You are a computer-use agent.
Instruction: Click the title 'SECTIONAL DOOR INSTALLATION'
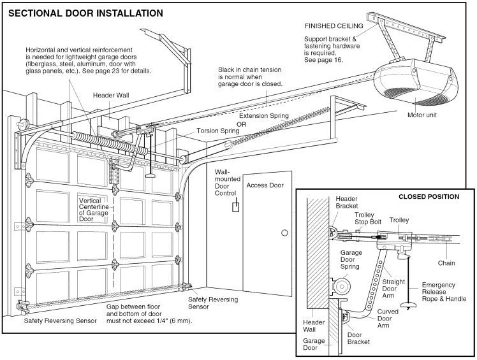point(85,13)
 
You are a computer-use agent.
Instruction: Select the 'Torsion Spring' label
point(218,130)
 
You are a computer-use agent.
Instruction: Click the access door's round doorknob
point(284,233)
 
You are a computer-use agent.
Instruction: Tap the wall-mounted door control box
point(235,206)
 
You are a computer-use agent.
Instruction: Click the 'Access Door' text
point(266,185)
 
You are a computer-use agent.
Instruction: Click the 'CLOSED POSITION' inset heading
point(428,196)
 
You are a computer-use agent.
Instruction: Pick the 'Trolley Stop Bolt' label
point(368,219)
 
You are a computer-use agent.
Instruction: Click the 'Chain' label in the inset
point(446,263)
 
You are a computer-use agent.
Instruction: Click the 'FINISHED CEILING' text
point(334,26)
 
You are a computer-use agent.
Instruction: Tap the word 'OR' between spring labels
point(241,124)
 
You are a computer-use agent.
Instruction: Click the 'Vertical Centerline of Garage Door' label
point(95,209)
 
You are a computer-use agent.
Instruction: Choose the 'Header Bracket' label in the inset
point(348,202)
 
